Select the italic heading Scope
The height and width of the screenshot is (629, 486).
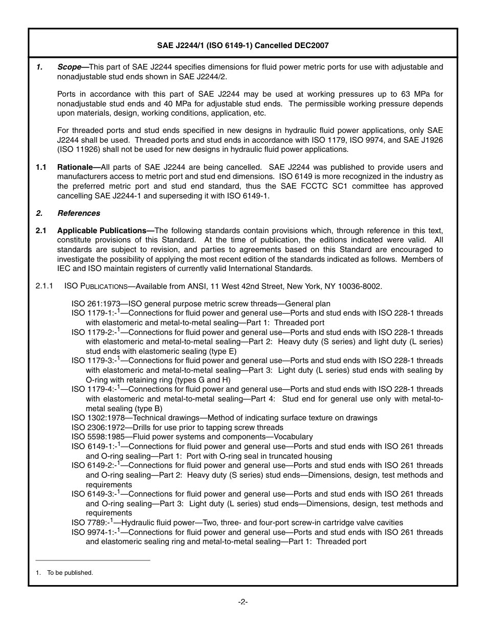click(69, 67)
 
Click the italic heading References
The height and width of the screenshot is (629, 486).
click(78, 213)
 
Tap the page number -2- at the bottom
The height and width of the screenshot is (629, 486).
click(243, 602)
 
